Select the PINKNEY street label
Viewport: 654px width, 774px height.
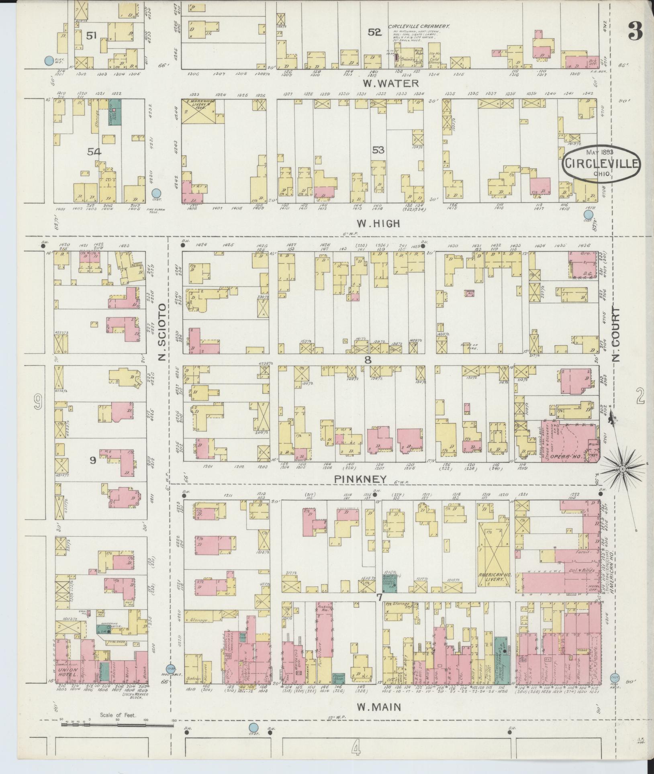[x=360, y=479]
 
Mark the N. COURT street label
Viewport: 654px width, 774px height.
[x=617, y=335]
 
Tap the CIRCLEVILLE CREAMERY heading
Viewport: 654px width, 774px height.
[x=418, y=26]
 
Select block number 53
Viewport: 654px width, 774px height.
[x=378, y=150]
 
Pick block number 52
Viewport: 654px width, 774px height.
[x=374, y=32]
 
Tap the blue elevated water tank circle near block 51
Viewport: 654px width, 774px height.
[x=49, y=61]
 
